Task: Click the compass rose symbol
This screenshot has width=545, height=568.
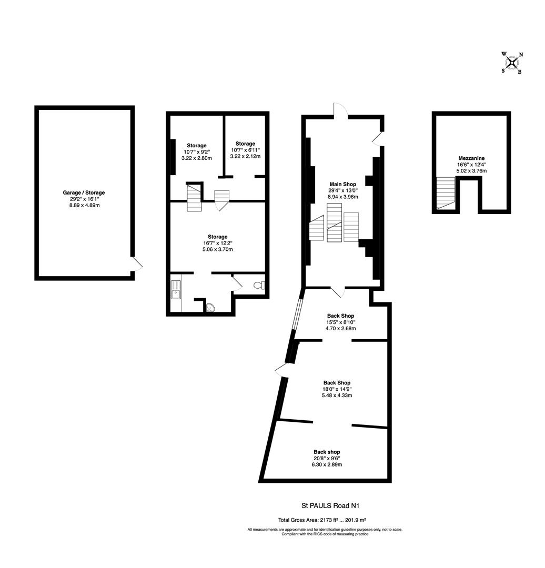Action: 512,63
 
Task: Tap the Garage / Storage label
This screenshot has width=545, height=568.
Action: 84,192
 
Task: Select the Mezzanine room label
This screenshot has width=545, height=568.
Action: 471,158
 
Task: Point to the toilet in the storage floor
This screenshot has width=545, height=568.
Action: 259,286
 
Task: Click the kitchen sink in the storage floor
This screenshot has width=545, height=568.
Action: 176,290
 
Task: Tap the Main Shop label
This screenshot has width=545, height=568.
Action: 343,184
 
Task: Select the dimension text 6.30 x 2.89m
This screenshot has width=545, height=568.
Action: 327,465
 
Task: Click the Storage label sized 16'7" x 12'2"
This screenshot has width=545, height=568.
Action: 217,237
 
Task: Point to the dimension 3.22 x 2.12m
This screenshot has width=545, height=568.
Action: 245,156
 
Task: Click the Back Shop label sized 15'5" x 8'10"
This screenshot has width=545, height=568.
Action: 340,316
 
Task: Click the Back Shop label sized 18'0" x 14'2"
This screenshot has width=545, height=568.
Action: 337,383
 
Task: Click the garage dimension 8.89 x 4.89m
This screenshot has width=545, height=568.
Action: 84,205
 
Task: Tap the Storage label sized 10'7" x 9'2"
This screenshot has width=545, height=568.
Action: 197,145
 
